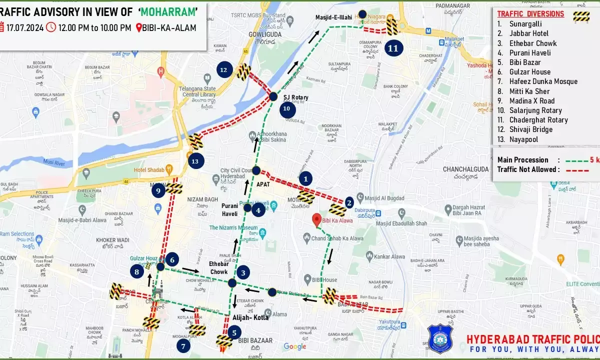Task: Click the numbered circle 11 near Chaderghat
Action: point(393,48)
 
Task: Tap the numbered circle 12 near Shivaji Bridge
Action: point(223,70)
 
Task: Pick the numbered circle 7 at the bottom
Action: point(183,345)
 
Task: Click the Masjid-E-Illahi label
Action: point(334,17)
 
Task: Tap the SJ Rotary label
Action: point(295,97)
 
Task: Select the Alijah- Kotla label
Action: point(250,317)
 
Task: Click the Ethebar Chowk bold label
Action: point(219,268)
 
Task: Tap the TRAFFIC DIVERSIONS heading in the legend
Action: point(530,14)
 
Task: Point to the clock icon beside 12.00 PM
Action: point(51,27)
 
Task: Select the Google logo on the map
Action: point(295,346)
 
